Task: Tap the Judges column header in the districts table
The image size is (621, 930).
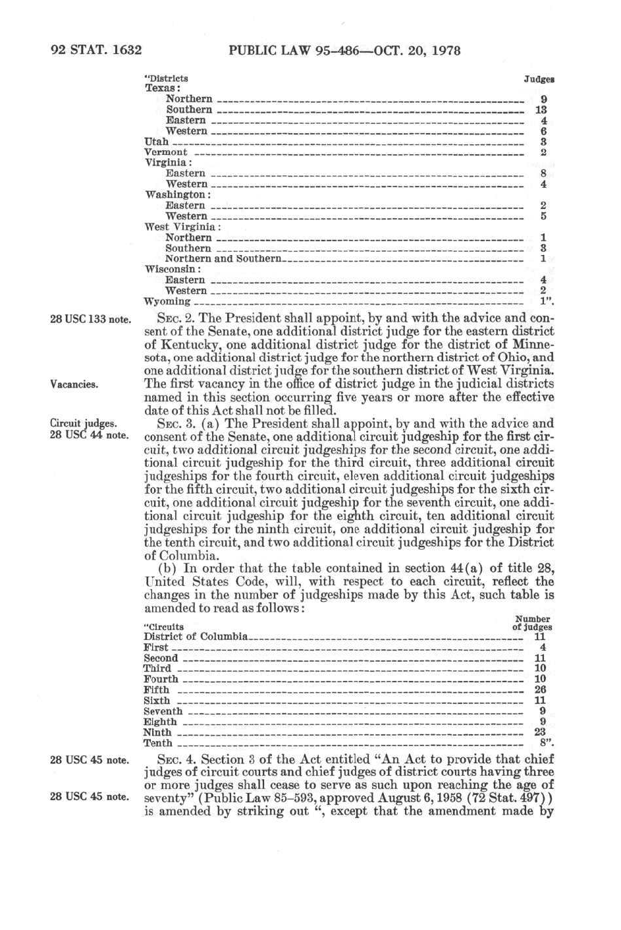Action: click(x=539, y=79)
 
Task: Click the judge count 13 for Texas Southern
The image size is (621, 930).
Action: click(x=541, y=110)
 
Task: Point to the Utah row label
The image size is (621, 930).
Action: click(x=157, y=142)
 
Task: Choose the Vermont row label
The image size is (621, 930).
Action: click(x=166, y=152)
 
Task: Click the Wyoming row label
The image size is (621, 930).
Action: click(x=167, y=302)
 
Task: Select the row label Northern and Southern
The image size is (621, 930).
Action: click(x=223, y=259)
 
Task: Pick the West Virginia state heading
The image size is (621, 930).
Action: click(x=182, y=227)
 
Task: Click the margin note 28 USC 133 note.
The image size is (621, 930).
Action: click(x=91, y=320)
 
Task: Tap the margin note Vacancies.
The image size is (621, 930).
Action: click(x=74, y=384)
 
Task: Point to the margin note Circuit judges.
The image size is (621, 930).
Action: click(x=84, y=424)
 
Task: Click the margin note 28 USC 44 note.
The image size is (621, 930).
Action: click(x=90, y=435)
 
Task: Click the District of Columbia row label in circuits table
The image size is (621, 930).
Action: click(x=196, y=637)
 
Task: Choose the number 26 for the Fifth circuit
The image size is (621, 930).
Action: click(x=541, y=690)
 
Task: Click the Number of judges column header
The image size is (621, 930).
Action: click(x=532, y=624)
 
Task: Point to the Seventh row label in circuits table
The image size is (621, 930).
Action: click(x=163, y=711)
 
